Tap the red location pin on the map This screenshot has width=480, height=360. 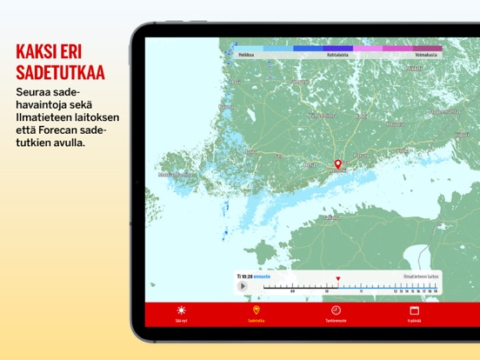(339, 163)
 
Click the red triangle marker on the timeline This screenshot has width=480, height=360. (338, 279)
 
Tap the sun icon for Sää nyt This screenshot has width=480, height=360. (181, 310)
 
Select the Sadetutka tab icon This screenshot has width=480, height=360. (256, 310)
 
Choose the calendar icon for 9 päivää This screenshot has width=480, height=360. (414, 310)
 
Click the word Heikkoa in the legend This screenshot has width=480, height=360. (246, 55)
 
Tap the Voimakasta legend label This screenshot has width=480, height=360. (426, 55)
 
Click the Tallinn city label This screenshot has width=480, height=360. (331, 217)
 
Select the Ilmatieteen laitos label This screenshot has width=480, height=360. (421, 276)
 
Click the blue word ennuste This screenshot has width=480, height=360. (262, 276)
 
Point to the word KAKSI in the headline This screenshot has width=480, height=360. (38, 50)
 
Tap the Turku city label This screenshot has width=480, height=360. (252, 152)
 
